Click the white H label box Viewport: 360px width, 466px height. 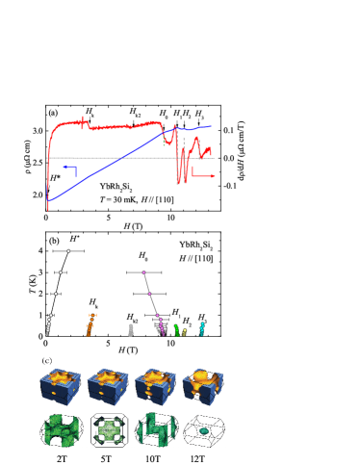click(x=73, y=239)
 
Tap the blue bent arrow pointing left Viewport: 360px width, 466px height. click(x=67, y=168)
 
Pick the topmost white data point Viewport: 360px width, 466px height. click(x=68, y=250)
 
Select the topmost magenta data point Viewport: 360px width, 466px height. click(x=143, y=272)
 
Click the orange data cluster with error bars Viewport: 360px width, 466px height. click(x=90, y=326)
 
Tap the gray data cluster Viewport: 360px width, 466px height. click(x=131, y=329)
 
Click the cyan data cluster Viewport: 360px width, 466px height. click(x=202, y=328)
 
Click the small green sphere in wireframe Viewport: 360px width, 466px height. click(x=205, y=433)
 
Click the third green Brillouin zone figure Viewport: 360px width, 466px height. click(x=155, y=429)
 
